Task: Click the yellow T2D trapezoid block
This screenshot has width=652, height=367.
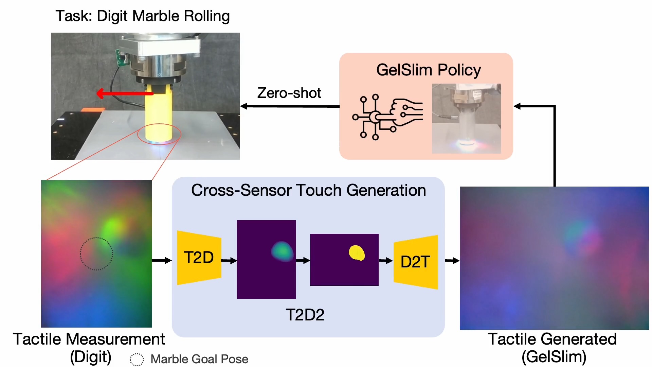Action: pyautogui.click(x=199, y=258)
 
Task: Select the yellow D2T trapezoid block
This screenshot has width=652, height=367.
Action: pyautogui.click(x=415, y=262)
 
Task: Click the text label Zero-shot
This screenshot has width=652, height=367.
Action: pyautogui.click(x=289, y=93)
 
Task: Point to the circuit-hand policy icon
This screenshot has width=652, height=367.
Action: pyautogui.click(x=387, y=117)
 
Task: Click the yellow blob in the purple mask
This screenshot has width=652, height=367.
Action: pyautogui.click(x=357, y=253)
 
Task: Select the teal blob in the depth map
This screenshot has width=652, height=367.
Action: pyautogui.click(x=282, y=251)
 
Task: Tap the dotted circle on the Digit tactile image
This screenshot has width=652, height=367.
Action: pyautogui.click(x=96, y=254)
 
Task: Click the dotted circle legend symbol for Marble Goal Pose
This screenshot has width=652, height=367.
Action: pyautogui.click(x=137, y=359)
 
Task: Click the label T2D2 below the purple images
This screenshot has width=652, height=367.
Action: pyautogui.click(x=305, y=315)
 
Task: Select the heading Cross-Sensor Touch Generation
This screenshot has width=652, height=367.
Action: pyautogui.click(x=308, y=190)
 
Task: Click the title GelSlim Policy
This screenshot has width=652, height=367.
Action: pyautogui.click(x=428, y=70)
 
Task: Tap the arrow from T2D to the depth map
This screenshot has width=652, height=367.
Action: pyautogui.click(x=229, y=261)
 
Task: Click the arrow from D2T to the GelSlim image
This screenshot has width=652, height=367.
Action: pyautogui.click(x=452, y=261)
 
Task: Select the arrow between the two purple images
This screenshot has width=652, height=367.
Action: pyautogui.click(x=303, y=261)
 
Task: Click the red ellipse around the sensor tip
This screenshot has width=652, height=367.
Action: pyautogui.click(x=159, y=134)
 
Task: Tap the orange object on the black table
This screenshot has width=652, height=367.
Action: pyautogui.click(x=93, y=109)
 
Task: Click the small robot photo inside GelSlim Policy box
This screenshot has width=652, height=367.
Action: pyautogui.click(x=466, y=118)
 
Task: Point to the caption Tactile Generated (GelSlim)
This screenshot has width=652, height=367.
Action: pyautogui.click(x=553, y=348)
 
